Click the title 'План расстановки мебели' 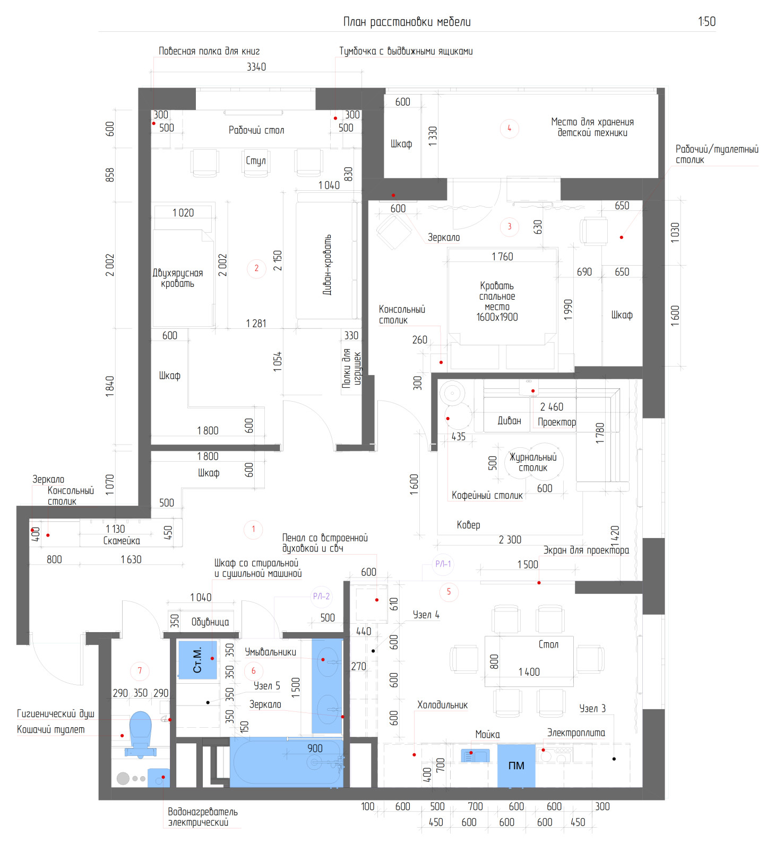[x=407, y=22]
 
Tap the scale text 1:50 [x=707, y=22]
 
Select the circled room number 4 [x=509, y=128]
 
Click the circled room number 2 [x=256, y=268]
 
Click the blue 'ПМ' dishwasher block [x=516, y=766]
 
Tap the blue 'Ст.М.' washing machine [x=197, y=660]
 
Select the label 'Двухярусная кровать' [x=178, y=278]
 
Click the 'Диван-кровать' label [x=328, y=265]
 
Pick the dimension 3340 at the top [x=256, y=67]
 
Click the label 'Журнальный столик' [x=533, y=463]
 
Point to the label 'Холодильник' [x=443, y=705]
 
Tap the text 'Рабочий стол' [x=256, y=130]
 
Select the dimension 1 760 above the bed [x=502, y=257]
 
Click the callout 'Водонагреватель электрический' [x=203, y=817]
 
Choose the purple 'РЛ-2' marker [x=321, y=597]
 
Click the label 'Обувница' [x=210, y=622]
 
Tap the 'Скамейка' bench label [x=122, y=541]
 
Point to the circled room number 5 [x=449, y=592]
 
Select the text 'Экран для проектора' [x=586, y=550]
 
